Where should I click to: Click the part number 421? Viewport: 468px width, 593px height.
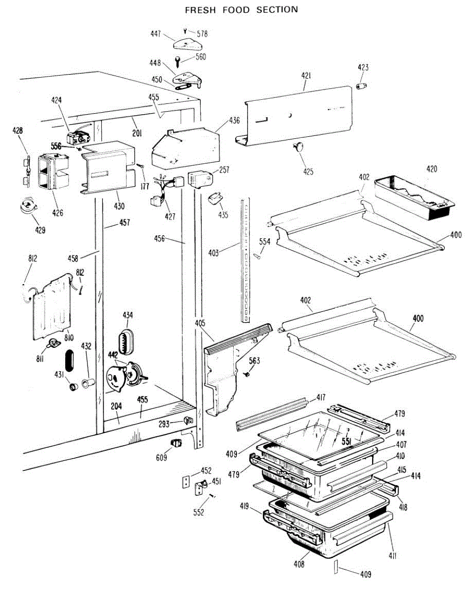[306, 77]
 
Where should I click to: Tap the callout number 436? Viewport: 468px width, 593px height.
[235, 120]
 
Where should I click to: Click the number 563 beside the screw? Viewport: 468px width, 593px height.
[255, 360]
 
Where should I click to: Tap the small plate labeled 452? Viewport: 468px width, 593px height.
[186, 482]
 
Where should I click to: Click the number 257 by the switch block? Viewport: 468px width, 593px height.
[224, 169]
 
